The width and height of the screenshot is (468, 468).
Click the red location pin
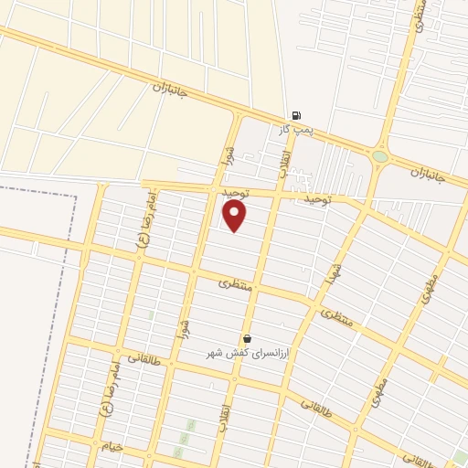[235, 217]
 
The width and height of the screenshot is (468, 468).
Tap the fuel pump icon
[295, 115]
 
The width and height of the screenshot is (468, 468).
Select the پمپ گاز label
[297, 130]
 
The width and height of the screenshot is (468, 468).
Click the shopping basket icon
[247, 338]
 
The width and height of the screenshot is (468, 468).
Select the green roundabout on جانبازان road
[379, 157]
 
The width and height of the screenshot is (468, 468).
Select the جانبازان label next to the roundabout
[426, 172]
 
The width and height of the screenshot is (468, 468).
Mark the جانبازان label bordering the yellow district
[169, 91]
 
